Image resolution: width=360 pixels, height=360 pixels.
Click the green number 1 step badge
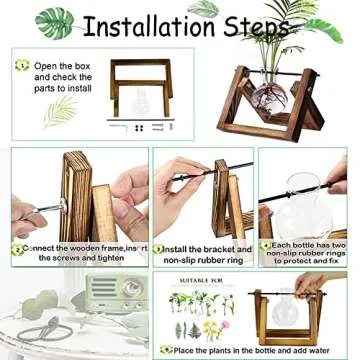[x=21, y=66]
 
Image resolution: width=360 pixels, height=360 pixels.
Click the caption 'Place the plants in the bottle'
[x=254, y=351]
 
